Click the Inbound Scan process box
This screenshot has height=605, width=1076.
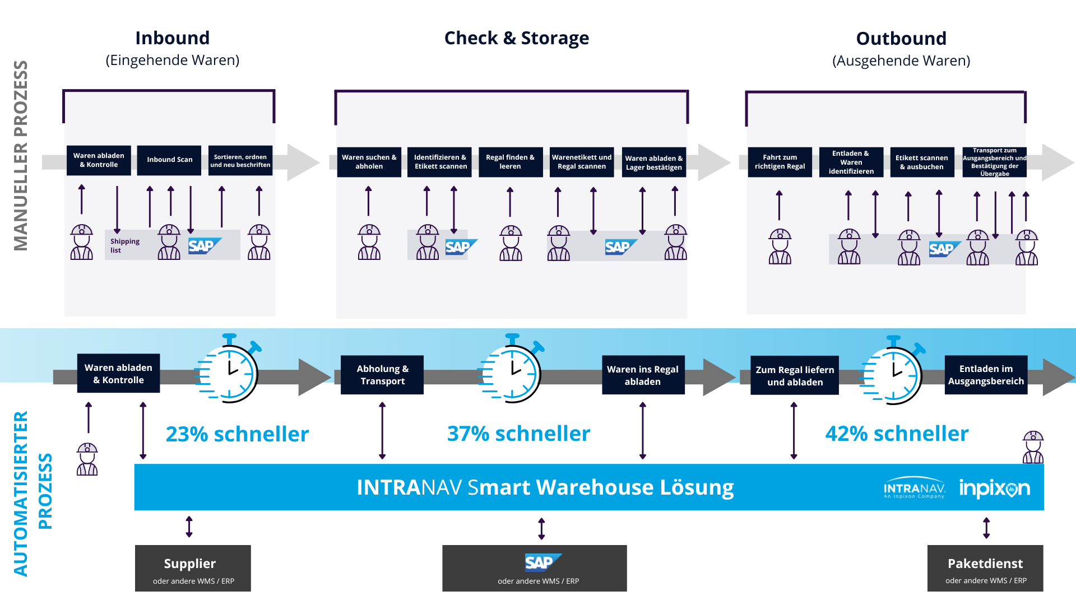169,160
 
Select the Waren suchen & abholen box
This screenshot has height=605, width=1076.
369,162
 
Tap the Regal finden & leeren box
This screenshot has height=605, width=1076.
510,162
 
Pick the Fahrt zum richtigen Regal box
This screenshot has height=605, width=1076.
780,162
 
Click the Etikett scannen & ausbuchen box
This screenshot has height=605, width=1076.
921,162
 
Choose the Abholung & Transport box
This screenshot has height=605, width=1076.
382,375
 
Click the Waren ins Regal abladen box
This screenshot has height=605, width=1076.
643,375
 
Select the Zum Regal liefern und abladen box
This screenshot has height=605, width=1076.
795,375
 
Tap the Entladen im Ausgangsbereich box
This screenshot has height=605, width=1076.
986,375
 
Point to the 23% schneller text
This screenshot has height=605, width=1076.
237,434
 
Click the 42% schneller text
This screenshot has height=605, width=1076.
897,434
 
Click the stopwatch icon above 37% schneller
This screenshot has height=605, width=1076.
511,370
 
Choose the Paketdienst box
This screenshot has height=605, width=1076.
985,568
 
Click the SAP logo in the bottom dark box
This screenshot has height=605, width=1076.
542,562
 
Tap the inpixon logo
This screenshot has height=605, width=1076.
994,488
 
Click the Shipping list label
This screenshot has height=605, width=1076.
124,245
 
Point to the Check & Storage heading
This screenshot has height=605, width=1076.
516,38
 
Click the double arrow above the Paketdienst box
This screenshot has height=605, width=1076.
986,528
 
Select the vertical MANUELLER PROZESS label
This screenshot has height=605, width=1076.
21,155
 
